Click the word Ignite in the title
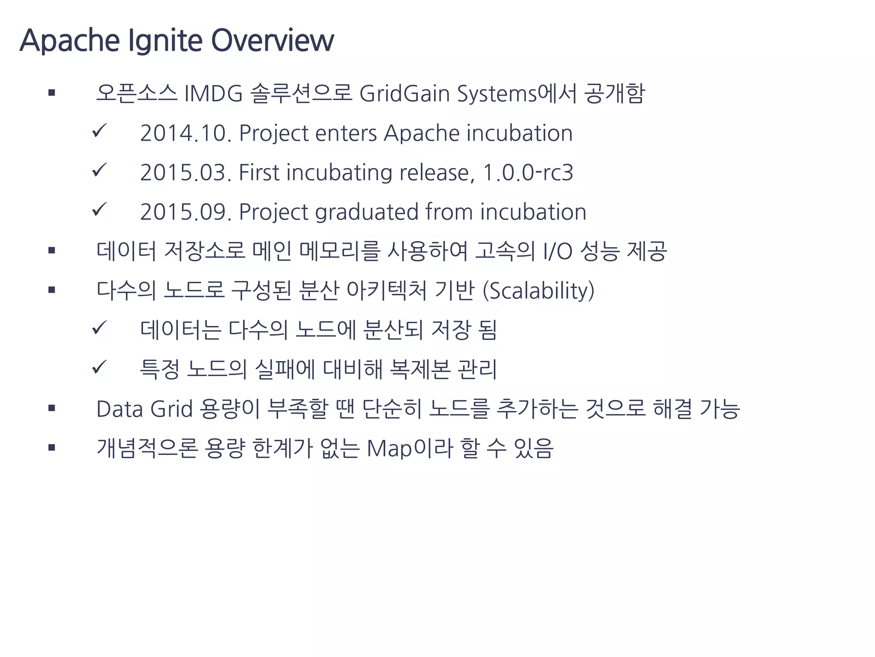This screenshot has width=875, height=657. click(165, 41)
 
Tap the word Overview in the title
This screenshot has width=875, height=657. click(272, 41)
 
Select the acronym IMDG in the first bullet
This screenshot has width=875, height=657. click(213, 93)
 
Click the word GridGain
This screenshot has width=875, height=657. click(405, 93)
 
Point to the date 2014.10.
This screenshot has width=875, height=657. click(185, 133)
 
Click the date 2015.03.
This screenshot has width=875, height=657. click(185, 172)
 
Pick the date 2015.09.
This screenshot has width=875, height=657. click(185, 212)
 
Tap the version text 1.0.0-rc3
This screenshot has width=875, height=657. click(528, 172)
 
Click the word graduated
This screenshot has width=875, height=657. click(367, 212)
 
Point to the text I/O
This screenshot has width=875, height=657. click(558, 251)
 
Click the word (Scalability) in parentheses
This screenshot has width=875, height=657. click(538, 291)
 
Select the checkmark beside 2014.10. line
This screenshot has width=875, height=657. click(99, 131)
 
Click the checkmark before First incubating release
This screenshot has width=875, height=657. click(99, 170)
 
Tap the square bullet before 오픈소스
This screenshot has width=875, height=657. click(52, 92)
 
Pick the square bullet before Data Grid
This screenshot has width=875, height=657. click(52, 408)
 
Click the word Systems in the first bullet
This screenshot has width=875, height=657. click(496, 93)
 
